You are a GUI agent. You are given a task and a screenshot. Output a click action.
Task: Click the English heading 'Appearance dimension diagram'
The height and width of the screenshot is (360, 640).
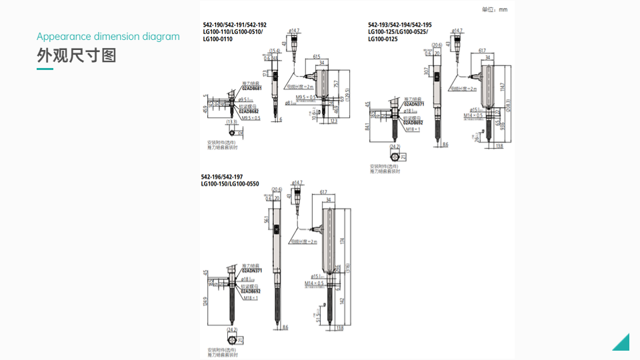tap(108, 37)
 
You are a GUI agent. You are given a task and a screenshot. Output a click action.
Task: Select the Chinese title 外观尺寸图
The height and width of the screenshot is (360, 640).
tap(77, 55)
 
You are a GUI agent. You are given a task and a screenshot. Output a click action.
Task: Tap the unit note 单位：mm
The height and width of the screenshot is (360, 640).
tap(494, 9)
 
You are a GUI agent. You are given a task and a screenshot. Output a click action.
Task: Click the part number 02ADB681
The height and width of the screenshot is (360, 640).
tap(251, 89)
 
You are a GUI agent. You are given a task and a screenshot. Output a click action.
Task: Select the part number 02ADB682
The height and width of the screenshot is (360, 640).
tap(250, 112)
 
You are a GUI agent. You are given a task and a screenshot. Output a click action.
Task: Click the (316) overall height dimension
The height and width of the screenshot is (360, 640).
tap(348, 267)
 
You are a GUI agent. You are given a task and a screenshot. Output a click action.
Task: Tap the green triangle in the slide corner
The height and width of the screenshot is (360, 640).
tap(623, 343)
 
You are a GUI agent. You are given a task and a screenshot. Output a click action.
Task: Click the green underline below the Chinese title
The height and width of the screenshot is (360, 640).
tap(45, 69)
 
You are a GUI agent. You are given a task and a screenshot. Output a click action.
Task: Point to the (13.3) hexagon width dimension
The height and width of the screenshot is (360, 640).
tap(231, 122)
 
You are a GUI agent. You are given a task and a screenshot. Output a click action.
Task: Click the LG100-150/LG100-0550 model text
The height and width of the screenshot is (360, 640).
tap(230, 183)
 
